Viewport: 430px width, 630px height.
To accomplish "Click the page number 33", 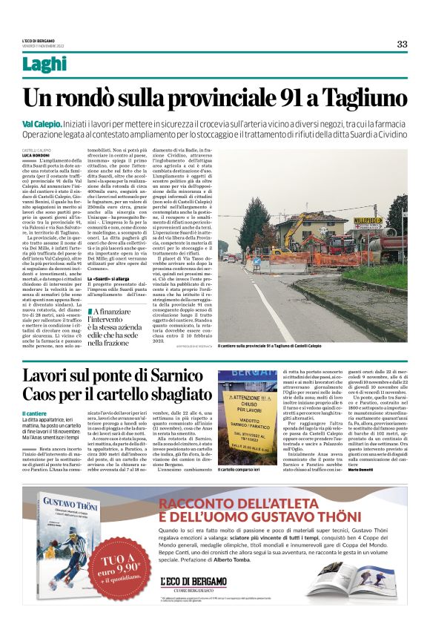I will (x=402, y=44).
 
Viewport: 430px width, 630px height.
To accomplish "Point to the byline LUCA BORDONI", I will (x=37, y=154).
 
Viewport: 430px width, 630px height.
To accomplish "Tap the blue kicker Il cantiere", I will (x=36, y=413).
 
